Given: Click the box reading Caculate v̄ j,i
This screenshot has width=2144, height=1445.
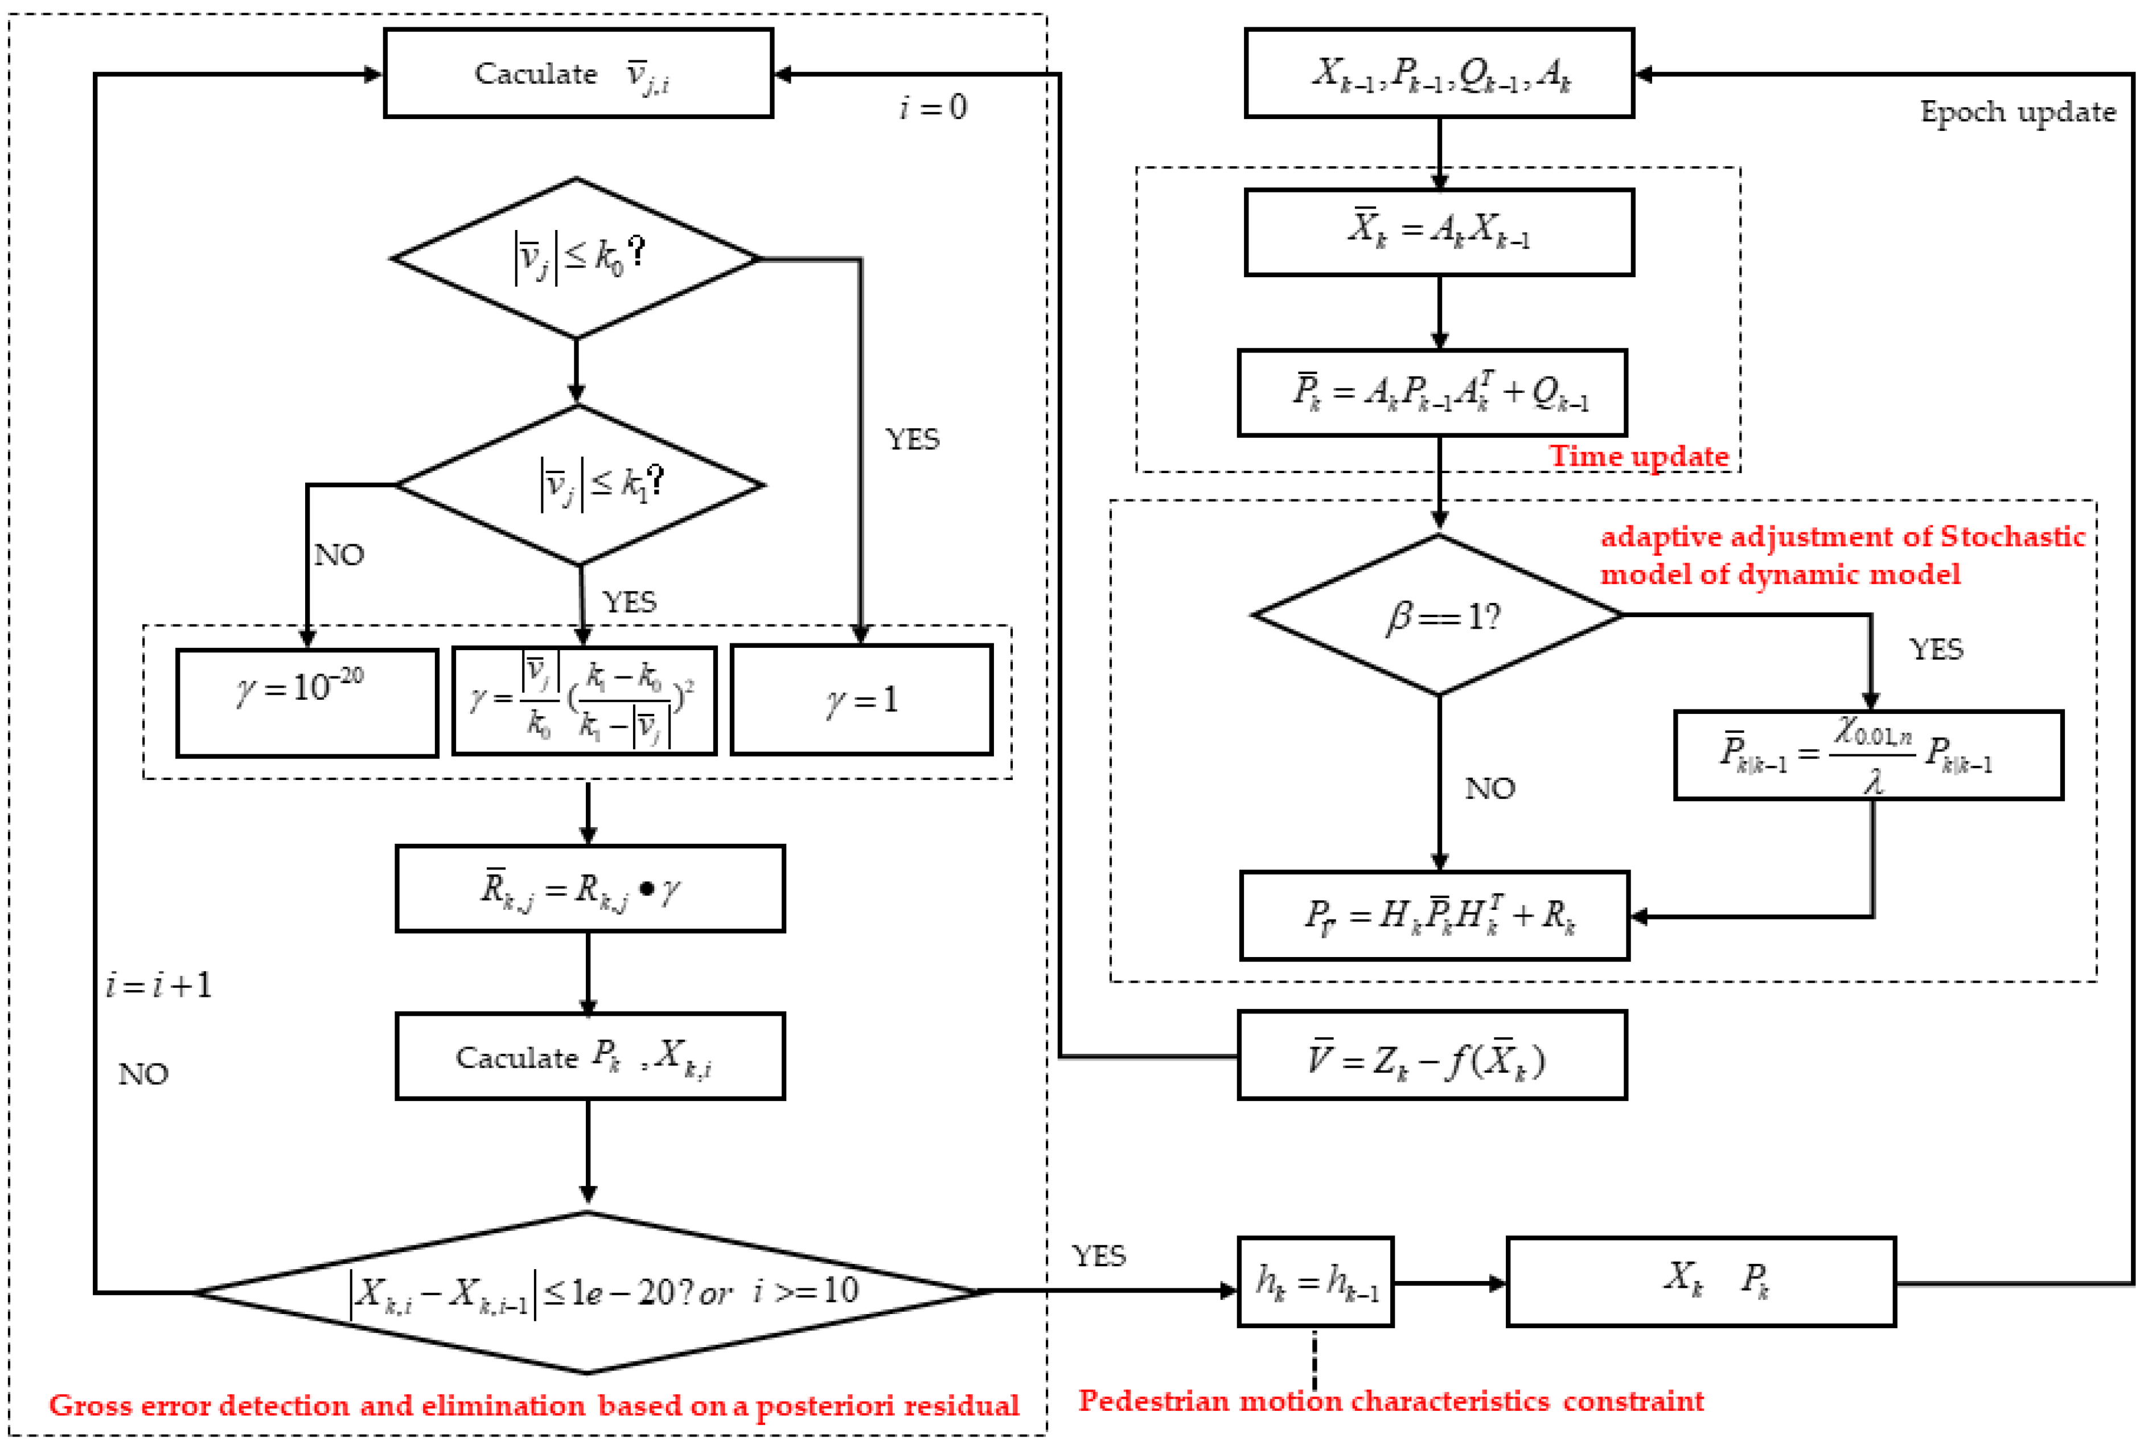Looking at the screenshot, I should tap(578, 73).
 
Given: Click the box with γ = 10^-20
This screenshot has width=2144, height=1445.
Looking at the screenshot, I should tap(307, 702).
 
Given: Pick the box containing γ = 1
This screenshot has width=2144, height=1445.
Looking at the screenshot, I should tap(861, 700).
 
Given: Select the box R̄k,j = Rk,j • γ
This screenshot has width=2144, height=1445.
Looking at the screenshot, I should tap(590, 888).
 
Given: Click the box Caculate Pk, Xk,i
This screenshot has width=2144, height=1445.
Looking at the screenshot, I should tap(590, 1056).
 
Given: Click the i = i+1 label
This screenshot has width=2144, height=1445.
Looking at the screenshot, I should tap(158, 986).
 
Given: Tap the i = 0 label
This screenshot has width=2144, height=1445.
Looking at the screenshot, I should tap(933, 108).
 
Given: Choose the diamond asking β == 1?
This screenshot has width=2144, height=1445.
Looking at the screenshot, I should tap(1438, 615).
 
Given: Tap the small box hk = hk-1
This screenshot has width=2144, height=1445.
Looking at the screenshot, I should tap(1315, 1282).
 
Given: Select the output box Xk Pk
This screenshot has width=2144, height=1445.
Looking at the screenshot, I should tap(1700, 1282).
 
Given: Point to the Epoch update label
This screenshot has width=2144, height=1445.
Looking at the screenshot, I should tap(2017, 112).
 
